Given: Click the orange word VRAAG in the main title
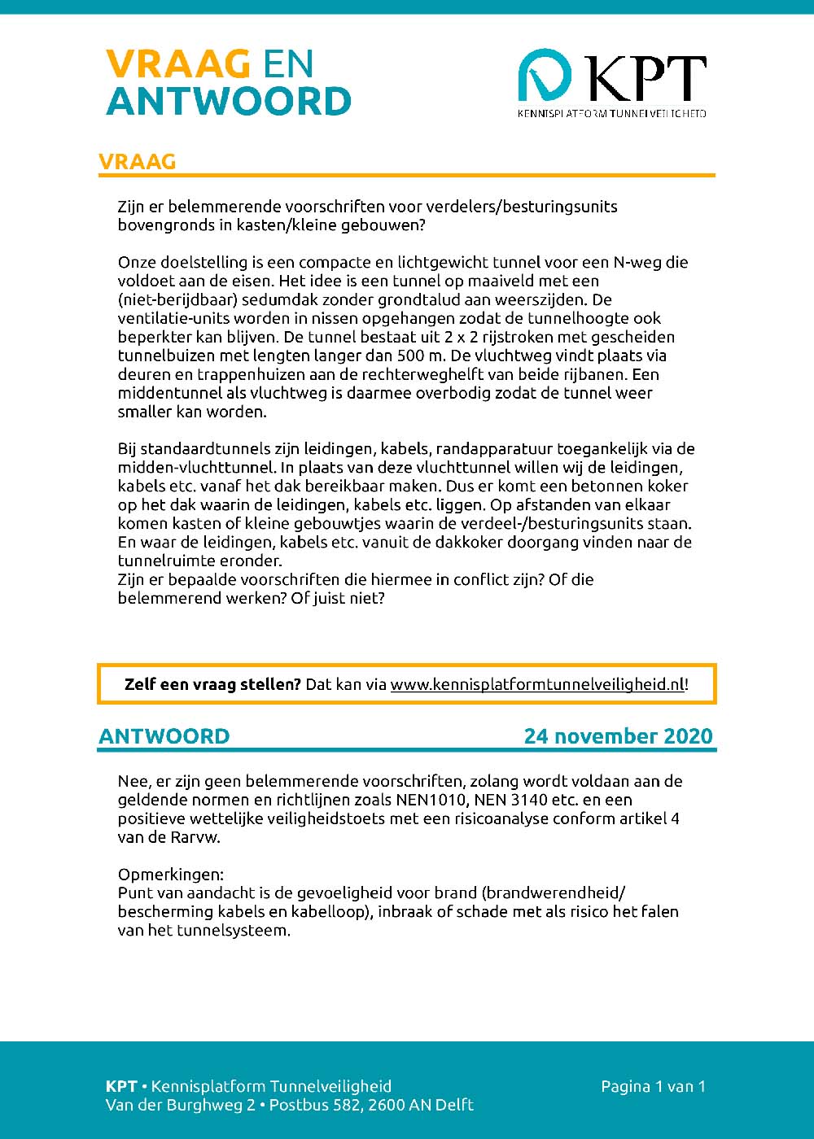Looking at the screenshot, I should [177, 64].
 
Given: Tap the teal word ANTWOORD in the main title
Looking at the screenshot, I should [229, 102].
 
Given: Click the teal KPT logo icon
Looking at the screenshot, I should [545, 77].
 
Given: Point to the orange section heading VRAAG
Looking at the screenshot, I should [137, 162].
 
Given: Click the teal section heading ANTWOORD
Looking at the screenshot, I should [164, 736].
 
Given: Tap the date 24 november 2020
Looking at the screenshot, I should [618, 736].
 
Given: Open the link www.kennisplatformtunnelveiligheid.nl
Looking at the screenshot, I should [537, 684].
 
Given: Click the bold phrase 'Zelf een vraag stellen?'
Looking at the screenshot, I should [212, 684].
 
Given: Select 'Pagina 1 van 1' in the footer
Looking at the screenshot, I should [653, 1086].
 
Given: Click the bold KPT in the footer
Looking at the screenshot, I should [120, 1086].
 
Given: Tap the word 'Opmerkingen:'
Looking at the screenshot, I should [170, 875].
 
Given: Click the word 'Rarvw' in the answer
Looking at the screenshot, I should [194, 837].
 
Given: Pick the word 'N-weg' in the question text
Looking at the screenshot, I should [638, 262].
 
